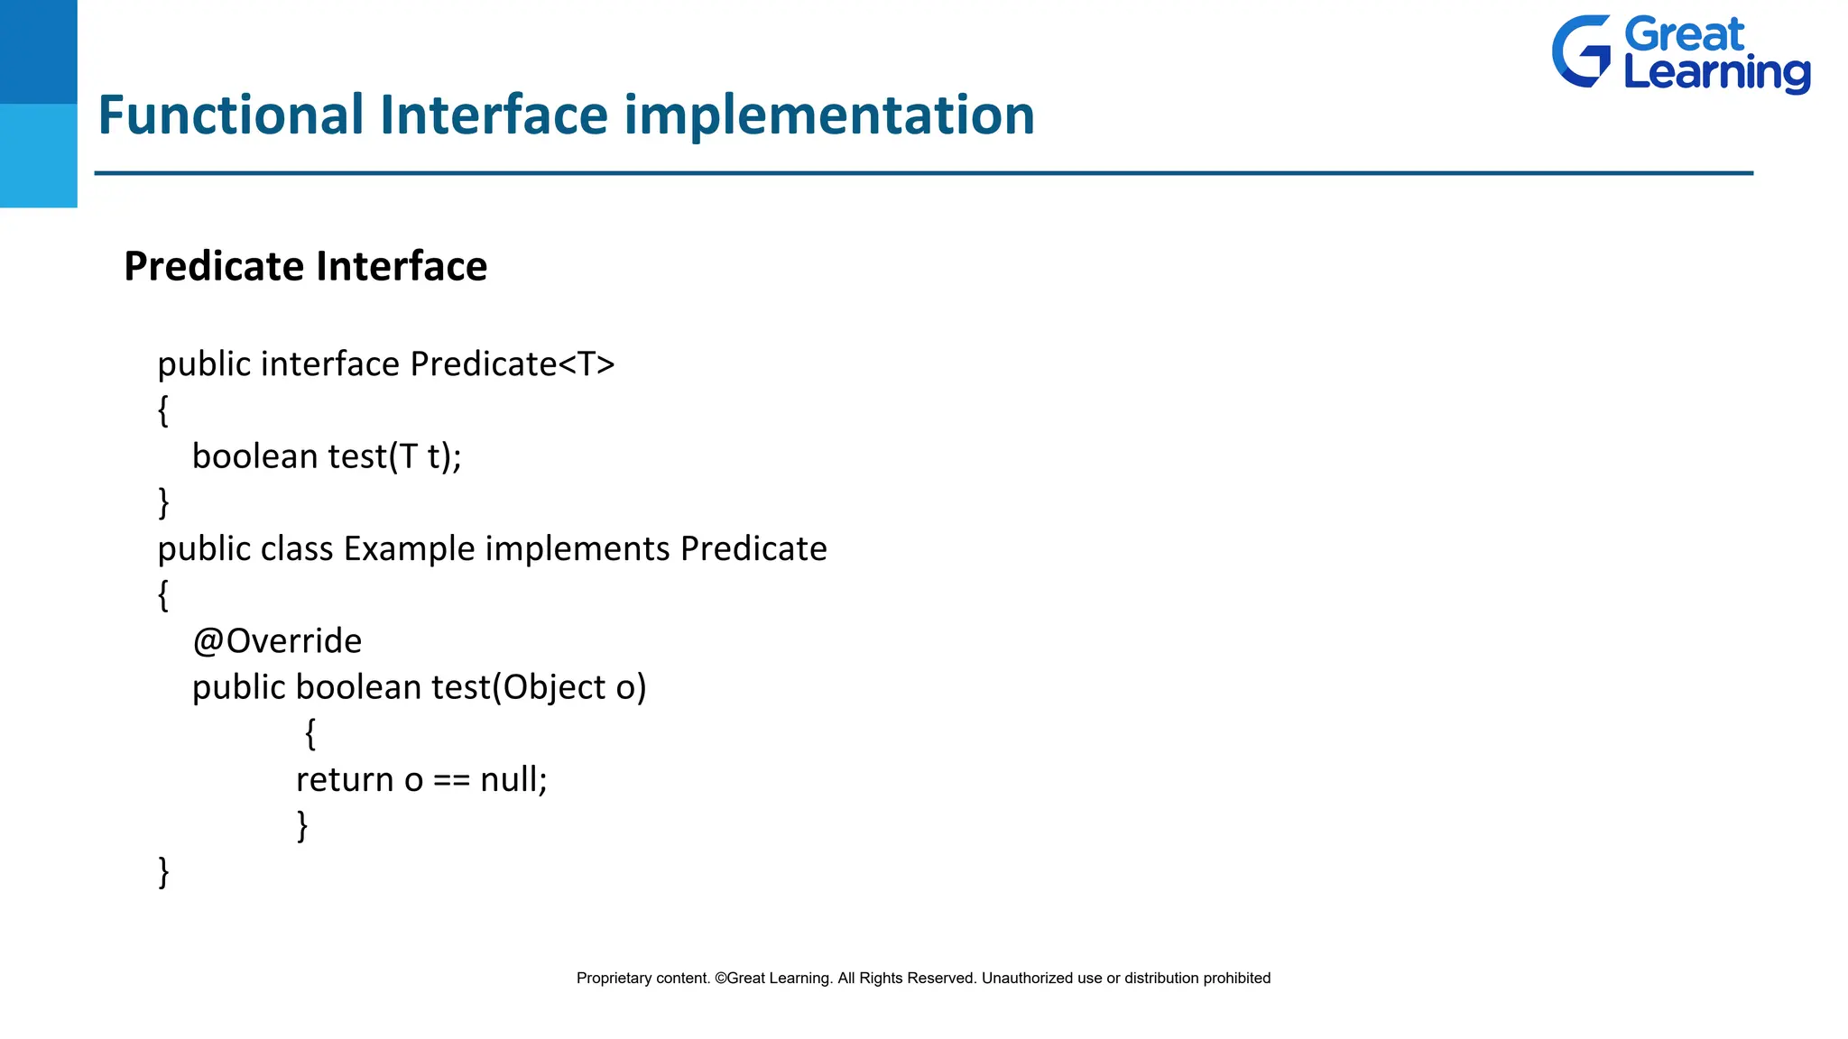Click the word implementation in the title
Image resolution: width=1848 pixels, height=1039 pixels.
[828, 115]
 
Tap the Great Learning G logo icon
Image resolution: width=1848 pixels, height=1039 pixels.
[1581, 51]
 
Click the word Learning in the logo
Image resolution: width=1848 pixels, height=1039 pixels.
[1716, 72]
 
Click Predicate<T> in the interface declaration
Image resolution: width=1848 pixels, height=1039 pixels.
[512, 364]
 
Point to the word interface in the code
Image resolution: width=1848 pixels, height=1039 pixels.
[329, 364]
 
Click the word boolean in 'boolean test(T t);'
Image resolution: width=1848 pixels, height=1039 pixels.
[254, 456]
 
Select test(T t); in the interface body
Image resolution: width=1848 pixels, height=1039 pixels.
[394, 456]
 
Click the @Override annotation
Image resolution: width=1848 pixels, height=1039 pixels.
[277, 641]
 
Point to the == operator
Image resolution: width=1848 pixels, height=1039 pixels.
[451, 780]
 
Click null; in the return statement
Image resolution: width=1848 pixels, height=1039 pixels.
[513, 779]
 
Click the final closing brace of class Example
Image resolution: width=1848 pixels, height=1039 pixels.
[163, 872]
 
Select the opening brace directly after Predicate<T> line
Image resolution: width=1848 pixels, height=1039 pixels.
[163, 410]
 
